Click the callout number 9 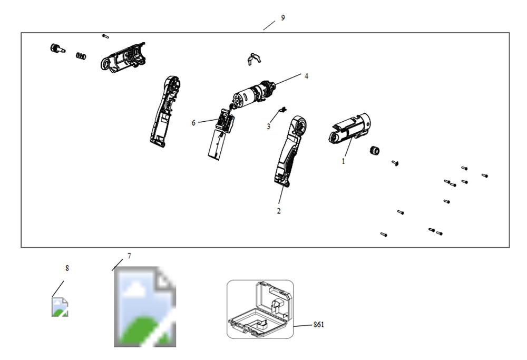(283, 18)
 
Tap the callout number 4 (306, 76)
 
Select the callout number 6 (193, 123)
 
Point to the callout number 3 (268, 127)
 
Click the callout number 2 (279, 211)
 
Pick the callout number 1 (343, 161)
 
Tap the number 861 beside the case (319, 325)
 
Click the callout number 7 (130, 256)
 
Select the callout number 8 (67, 268)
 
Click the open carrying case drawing (260, 309)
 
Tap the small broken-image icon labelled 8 (60, 307)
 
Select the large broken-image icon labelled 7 (145, 307)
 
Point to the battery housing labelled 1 (349, 129)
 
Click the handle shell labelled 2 (289, 151)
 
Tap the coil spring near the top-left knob (81, 55)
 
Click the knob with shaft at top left (57, 48)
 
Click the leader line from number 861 (303, 326)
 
